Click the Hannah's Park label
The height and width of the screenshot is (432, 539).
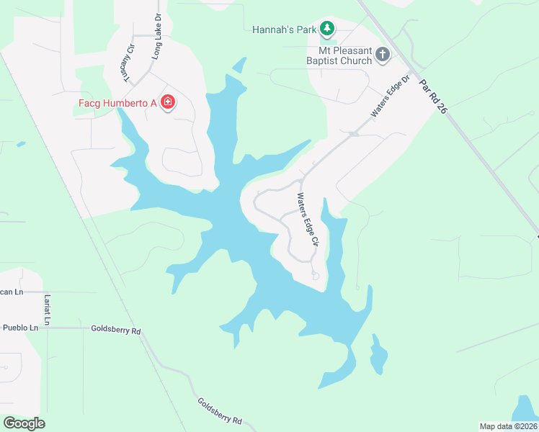[x=285, y=30]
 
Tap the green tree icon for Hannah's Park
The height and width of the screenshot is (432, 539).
[x=328, y=29]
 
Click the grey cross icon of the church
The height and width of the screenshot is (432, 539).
[x=383, y=55]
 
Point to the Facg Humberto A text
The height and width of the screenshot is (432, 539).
[x=117, y=103]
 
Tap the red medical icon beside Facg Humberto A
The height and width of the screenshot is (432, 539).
[x=168, y=103]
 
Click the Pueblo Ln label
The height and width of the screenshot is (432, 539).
[x=19, y=328]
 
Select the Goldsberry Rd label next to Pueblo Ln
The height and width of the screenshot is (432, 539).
[x=115, y=329]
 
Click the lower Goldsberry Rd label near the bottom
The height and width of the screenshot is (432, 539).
[x=220, y=411]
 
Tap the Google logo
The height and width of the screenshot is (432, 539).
[x=24, y=423]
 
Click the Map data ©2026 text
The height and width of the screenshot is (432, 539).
[x=507, y=426]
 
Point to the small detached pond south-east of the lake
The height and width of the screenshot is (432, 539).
[x=378, y=354]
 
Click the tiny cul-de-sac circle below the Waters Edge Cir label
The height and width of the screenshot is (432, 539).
[x=315, y=276]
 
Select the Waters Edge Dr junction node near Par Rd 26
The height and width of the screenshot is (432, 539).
[x=353, y=133]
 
